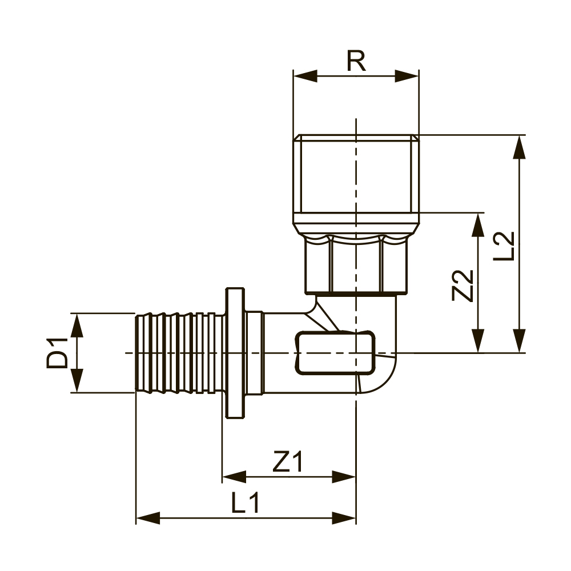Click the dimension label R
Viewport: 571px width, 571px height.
pos(356,61)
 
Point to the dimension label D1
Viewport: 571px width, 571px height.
pos(57,352)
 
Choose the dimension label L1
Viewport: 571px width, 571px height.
pos(246,503)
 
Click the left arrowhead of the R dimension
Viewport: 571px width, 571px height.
pos(305,77)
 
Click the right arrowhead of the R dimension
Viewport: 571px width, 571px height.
pos(407,77)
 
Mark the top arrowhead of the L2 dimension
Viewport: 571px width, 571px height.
pos(518,147)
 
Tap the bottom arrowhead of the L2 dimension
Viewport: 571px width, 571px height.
pos(518,341)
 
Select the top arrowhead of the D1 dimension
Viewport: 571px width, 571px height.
pos(77,324)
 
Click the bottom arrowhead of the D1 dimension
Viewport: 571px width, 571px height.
pos(77,380)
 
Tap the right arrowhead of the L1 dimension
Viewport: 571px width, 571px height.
pos(344,518)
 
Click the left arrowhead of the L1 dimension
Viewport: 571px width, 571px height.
pos(147,518)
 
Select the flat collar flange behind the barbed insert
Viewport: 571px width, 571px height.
pos(234,352)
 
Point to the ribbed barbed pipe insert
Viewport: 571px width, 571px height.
pos(177,352)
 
